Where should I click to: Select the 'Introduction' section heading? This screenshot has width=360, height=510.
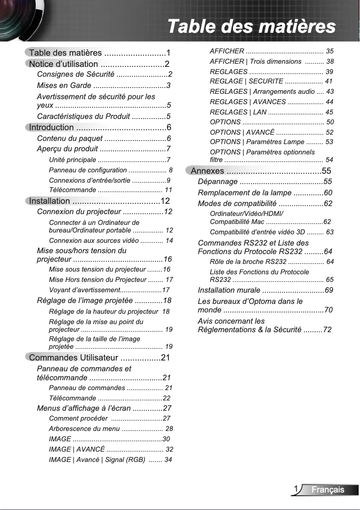pos(51,127)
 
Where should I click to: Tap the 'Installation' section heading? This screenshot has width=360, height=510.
pos(49,201)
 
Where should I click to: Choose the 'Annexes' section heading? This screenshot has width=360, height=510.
pos(207,171)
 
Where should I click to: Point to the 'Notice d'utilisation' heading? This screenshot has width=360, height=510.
pos(63,64)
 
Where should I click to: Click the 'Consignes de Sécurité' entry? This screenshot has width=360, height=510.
pos(75,75)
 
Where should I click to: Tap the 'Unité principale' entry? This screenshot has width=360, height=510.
pos(72,160)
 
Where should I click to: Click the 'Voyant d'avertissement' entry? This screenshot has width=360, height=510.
pos(83,290)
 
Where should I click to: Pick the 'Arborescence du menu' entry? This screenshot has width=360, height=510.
pos(84,429)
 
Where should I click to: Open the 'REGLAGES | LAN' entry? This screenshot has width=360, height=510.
pos(238,112)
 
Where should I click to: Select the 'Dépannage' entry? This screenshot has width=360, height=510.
pos(218,182)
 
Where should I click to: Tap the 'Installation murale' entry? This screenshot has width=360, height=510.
pos(229,290)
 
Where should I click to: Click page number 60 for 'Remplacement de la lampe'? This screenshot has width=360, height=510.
pos(328,193)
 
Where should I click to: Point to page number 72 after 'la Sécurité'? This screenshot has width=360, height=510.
pos(327,330)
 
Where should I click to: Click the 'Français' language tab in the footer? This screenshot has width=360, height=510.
pos(328,490)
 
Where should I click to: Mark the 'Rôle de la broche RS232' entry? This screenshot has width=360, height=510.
pos(248,262)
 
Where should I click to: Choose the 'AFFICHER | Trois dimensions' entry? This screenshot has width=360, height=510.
pos(255,62)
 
